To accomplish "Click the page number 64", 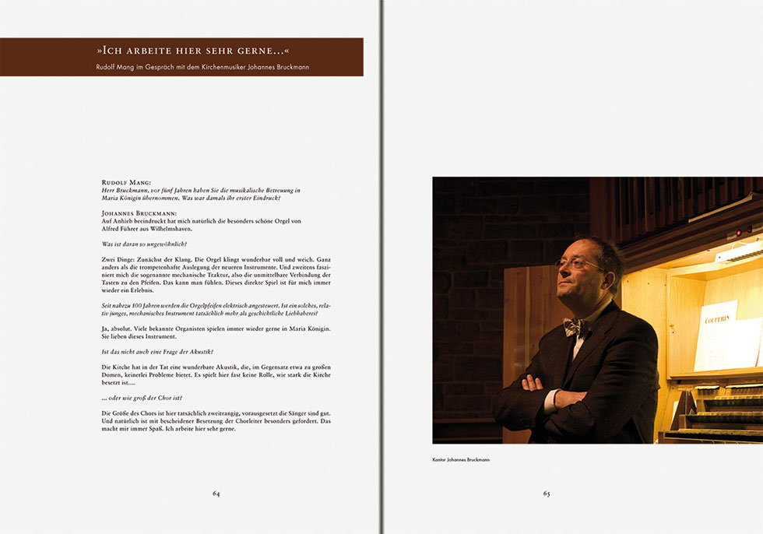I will [216, 494].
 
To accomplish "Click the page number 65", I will [547, 494].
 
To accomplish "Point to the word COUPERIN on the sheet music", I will [720, 319].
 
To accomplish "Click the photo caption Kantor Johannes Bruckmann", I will [461, 460].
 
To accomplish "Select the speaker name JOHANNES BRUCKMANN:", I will [139, 212].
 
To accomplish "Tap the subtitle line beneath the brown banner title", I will [202, 67].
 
